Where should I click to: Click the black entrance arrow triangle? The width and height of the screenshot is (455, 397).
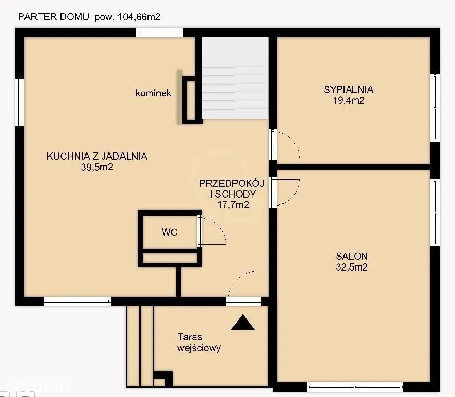point(243,323)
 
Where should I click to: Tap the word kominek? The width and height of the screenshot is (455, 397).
point(153,93)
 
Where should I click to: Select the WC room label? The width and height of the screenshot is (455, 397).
point(169,232)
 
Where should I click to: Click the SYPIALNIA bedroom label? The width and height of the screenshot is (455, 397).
point(349,89)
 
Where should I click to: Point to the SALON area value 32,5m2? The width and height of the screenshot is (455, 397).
point(352,267)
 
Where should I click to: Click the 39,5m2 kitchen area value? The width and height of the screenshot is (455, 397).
point(97,167)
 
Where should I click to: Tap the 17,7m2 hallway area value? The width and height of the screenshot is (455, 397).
point(233,205)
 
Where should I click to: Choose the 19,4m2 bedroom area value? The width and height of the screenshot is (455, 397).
point(349,100)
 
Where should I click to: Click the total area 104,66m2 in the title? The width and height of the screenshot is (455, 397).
point(139,17)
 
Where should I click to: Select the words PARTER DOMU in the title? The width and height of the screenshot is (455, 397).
point(53,17)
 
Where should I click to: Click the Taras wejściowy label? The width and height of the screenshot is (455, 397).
point(199,342)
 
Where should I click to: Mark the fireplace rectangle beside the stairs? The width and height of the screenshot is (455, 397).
point(191,100)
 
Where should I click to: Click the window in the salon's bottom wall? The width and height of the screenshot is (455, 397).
point(355,387)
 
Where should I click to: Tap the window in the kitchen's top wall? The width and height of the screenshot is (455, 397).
point(159,32)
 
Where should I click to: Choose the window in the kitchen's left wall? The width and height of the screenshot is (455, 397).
point(20,103)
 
